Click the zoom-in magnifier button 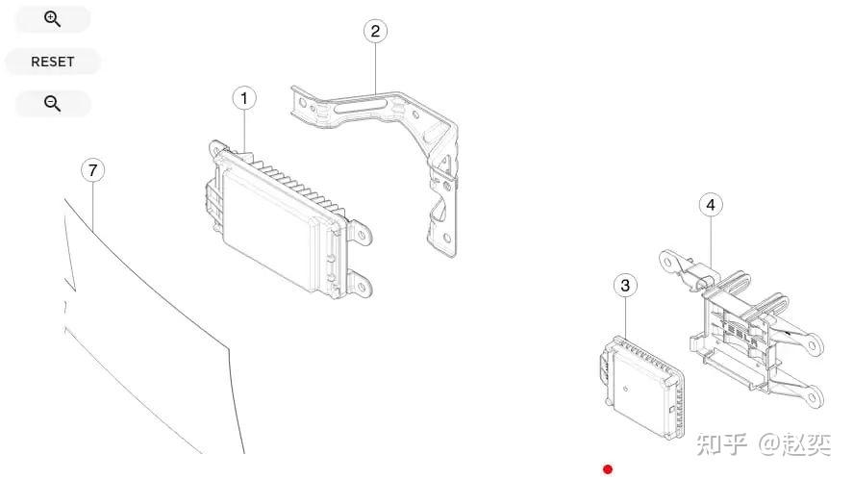click(53, 19)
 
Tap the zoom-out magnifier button click(53, 103)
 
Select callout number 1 click(244, 98)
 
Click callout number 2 click(375, 31)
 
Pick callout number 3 click(625, 285)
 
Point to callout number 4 click(711, 205)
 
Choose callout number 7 click(93, 170)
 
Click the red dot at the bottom click(608, 469)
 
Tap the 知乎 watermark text click(721, 444)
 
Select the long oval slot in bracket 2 click(362, 106)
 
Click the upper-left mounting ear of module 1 click(218, 148)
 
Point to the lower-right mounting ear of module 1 click(361, 286)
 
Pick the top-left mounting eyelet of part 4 click(668, 263)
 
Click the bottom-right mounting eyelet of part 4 click(814, 396)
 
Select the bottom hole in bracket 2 click(446, 239)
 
